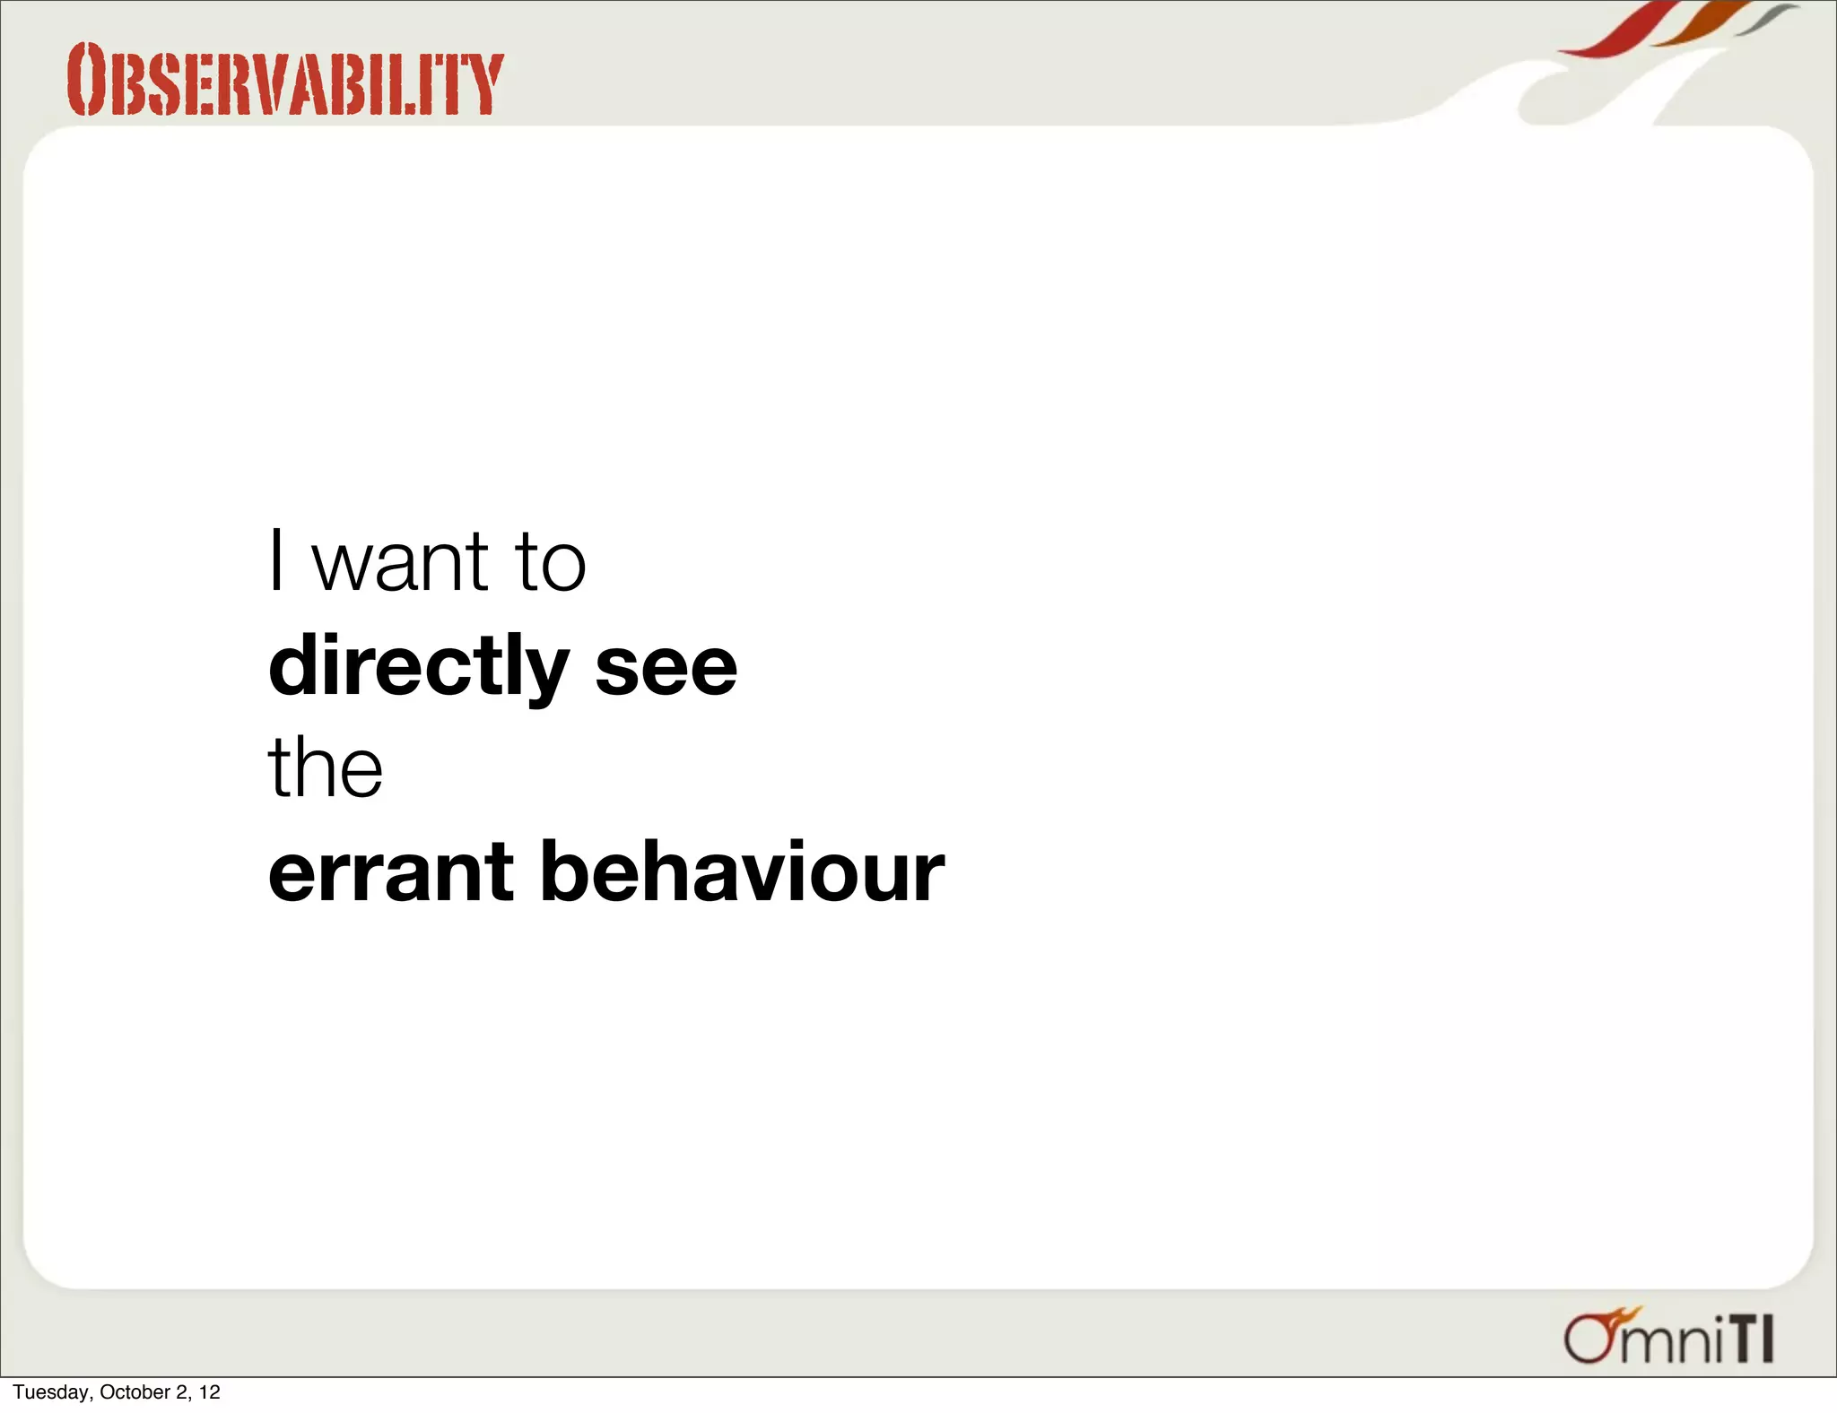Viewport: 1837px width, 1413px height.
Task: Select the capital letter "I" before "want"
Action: click(x=277, y=560)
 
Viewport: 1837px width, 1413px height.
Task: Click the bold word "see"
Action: click(x=666, y=668)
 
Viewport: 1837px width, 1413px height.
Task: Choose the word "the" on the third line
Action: click(x=326, y=767)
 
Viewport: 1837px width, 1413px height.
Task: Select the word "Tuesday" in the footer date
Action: click(x=51, y=1392)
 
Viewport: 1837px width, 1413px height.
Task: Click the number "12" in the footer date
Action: click(x=210, y=1392)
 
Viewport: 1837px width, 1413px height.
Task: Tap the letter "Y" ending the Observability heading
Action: click(x=485, y=84)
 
